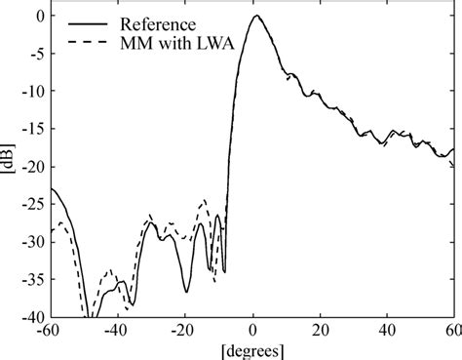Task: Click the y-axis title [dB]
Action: [9, 166]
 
